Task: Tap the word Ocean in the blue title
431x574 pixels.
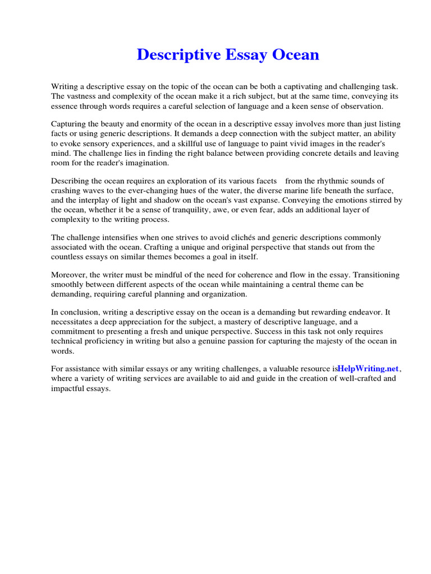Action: point(296,55)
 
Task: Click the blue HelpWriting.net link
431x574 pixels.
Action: point(368,369)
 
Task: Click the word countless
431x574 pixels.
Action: point(67,256)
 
